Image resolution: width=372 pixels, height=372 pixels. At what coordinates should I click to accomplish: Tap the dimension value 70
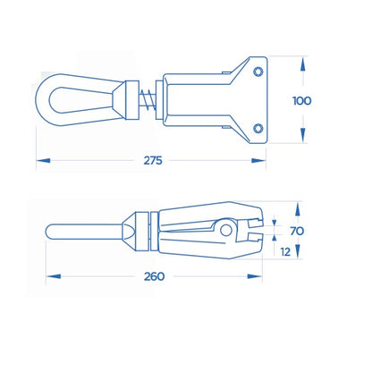point(297,231)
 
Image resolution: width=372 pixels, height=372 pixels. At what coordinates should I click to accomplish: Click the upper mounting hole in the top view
point(258,70)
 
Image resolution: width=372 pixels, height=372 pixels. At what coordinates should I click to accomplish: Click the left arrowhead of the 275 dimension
point(41,162)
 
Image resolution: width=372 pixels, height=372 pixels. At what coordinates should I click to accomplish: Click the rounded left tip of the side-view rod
point(51,234)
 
